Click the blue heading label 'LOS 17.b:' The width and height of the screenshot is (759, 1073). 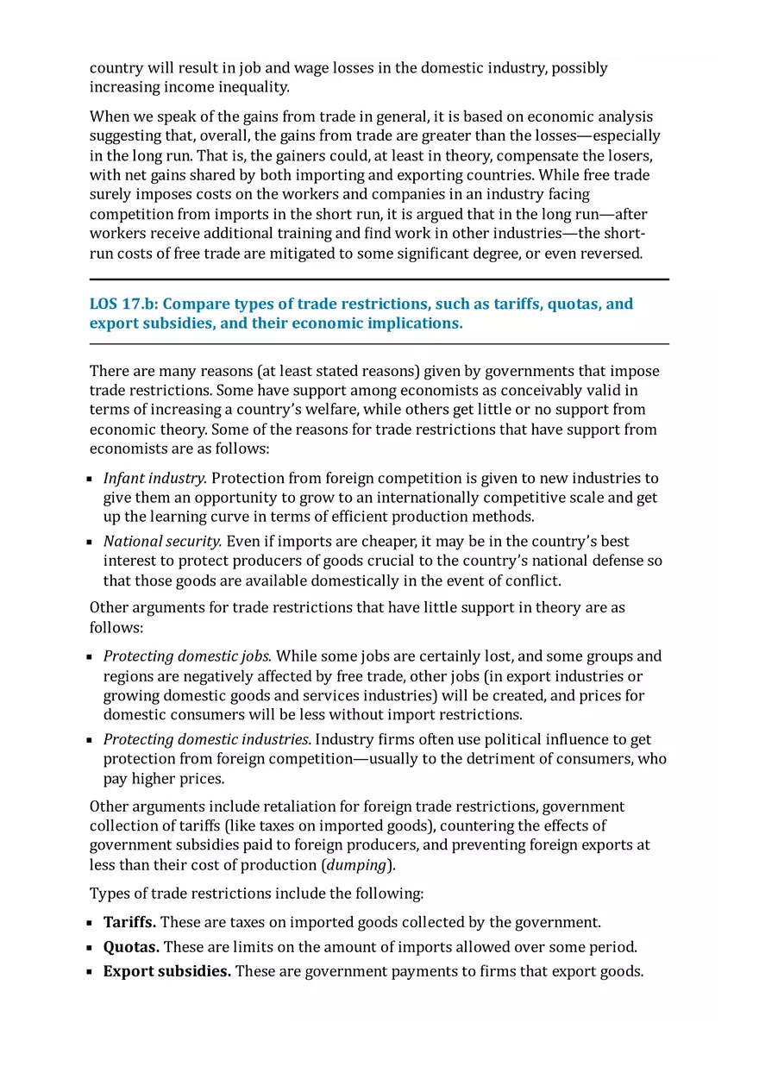coord(124,304)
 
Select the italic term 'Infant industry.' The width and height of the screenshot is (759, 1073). coord(155,478)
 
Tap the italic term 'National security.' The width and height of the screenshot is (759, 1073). coord(163,542)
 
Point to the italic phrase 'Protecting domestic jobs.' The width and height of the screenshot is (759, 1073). coord(187,656)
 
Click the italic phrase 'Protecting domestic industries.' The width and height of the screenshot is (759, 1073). coord(208,739)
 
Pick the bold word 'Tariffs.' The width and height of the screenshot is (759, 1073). coord(129,922)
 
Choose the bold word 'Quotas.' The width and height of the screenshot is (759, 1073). coord(131,947)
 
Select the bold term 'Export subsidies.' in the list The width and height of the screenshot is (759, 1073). coord(167,971)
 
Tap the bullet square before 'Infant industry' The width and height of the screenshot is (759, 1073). coord(90,479)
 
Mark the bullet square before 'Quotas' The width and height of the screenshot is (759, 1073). coord(90,948)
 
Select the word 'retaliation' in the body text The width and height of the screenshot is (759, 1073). coord(278,806)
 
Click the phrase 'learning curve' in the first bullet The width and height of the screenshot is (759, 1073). coord(198,517)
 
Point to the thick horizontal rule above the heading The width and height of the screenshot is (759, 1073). coord(379,279)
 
